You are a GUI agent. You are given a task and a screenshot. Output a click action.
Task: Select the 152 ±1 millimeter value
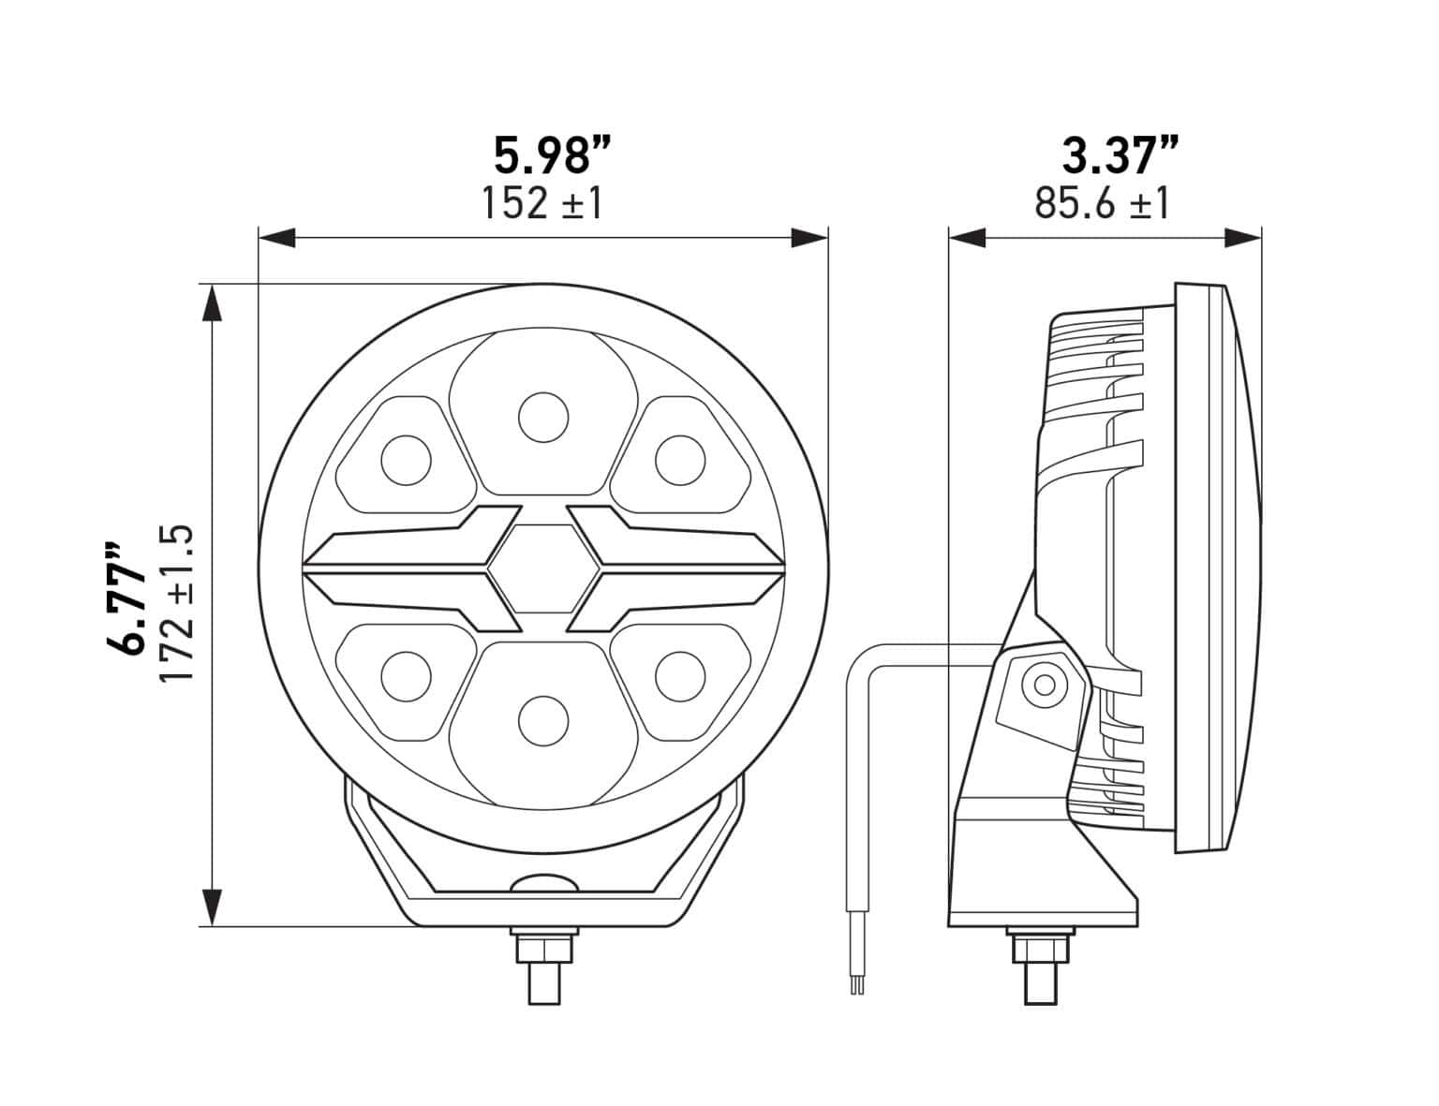point(541,203)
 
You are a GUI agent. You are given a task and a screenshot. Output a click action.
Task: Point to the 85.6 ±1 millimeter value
point(1103,203)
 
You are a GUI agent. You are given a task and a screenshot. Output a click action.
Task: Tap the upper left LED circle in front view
point(406,460)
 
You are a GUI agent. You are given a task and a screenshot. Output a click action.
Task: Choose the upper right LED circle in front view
point(679,460)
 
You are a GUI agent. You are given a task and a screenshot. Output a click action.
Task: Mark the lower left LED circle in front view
point(406,675)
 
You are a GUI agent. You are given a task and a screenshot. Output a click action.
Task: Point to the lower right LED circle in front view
point(679,675)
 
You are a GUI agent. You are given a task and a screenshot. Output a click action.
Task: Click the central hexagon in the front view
point(542,568)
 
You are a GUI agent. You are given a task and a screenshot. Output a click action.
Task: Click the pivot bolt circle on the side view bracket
point(1043,686)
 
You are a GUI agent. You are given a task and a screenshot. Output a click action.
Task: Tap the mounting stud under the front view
point(543,965)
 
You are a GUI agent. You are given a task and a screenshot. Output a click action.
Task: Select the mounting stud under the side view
point(1040,965)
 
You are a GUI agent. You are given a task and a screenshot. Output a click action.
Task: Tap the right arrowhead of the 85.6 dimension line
point(1243,238)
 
